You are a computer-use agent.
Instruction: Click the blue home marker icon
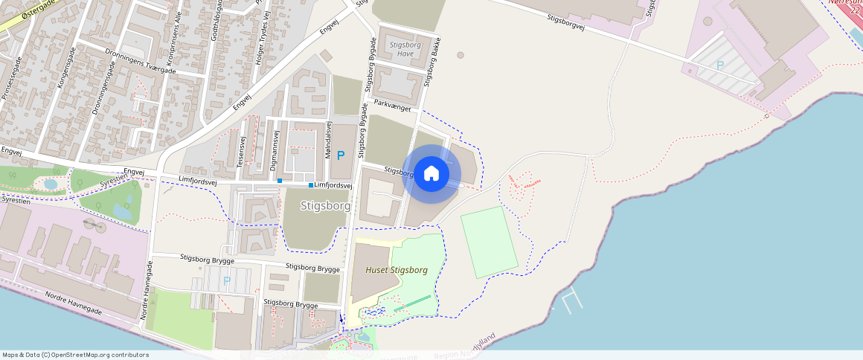[x=431, y=174]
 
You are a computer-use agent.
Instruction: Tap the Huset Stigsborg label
[x=397, y=270]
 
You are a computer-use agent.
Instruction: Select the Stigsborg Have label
[x=405, y=49]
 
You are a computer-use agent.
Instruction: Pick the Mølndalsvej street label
[x=328, y=137]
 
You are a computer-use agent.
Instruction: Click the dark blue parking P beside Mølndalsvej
[x=341, y=156]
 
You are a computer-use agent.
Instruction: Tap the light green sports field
[x=489, y=242]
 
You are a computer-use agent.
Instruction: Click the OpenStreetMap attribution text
[x=76, y=355]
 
